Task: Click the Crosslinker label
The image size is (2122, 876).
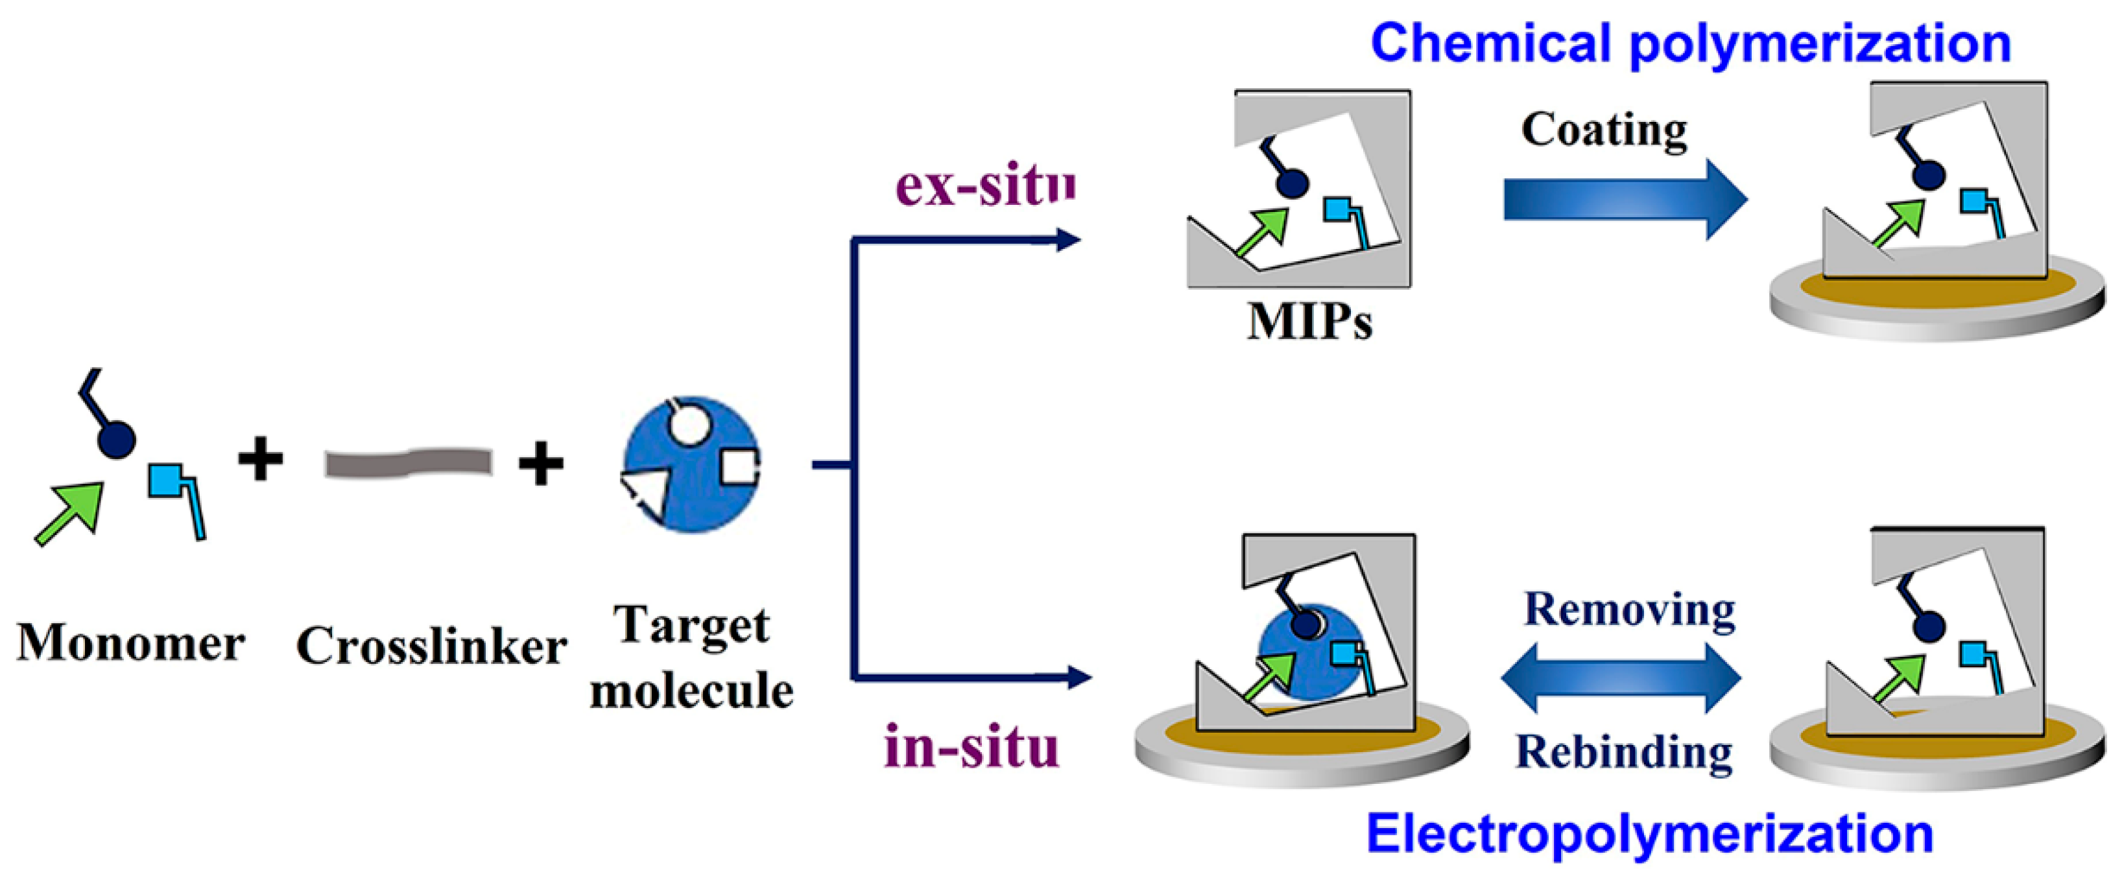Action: (431, 646)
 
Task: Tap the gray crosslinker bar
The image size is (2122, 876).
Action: (409, 463)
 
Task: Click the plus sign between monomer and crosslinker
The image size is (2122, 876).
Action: (260, 460)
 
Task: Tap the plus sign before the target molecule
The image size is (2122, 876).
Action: (540, 464)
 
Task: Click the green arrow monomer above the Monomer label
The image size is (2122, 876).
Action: (71, 512)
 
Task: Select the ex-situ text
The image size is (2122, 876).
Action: (984, 186)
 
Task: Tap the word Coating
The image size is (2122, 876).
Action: (1603, 130)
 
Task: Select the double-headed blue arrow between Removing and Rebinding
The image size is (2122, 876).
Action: (1620, 678)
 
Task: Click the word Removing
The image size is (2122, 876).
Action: (1629, 611)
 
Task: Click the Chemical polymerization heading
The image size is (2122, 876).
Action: (1690, 43)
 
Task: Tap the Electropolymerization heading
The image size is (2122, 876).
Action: (1650, 834)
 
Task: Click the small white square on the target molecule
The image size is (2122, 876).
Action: (737, 466)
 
